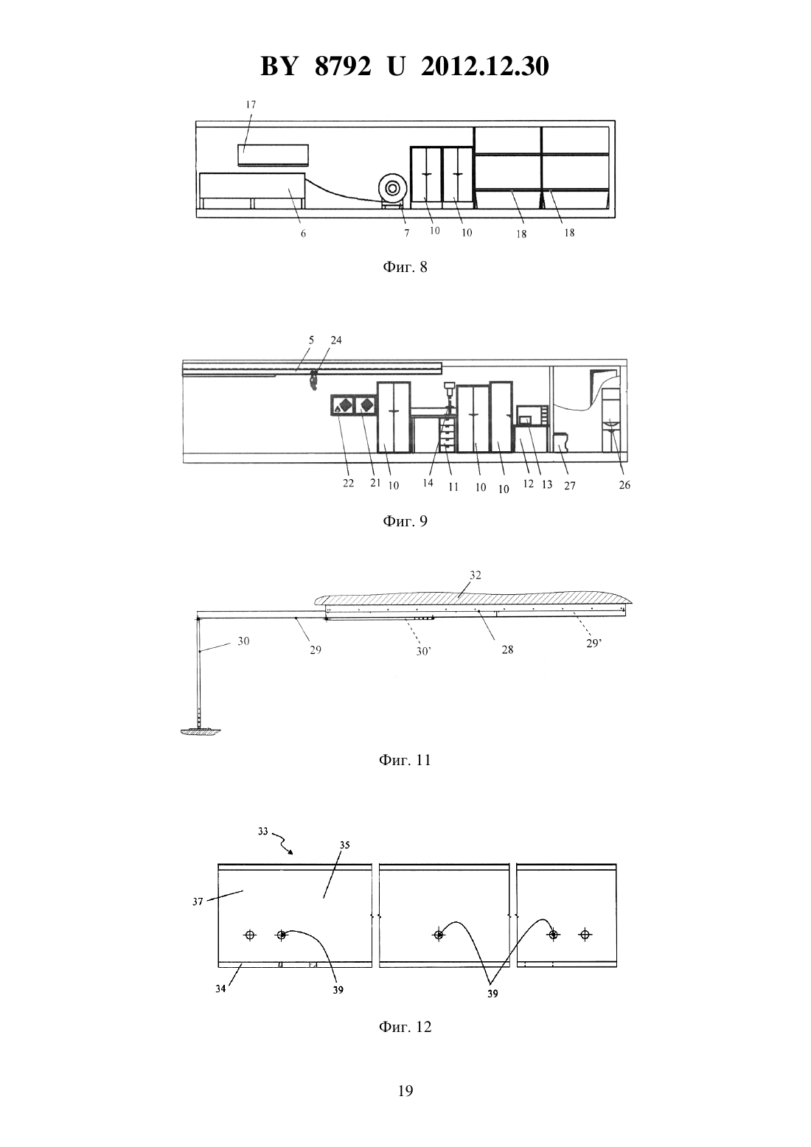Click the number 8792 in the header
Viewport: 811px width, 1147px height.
343,66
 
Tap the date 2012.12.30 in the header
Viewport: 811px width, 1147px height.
485,66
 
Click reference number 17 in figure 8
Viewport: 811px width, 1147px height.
251,105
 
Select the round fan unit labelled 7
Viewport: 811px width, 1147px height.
392,189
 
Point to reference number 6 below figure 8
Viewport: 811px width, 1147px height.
303,234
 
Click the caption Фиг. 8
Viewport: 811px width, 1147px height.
405,268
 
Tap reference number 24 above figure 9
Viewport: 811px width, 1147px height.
336,340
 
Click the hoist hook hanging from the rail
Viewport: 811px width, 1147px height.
312,382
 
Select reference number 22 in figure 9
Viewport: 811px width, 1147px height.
348,484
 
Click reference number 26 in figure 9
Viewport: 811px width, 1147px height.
624,485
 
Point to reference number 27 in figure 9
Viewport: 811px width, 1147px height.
570,486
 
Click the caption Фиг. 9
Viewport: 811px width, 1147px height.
405,521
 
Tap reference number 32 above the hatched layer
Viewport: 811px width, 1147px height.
476,575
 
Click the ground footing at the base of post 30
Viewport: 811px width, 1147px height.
201,731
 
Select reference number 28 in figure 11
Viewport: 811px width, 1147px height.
507,650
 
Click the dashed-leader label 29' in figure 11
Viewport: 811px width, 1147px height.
594,644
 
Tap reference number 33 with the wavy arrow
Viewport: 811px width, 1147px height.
262,832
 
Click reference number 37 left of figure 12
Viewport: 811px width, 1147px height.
198,902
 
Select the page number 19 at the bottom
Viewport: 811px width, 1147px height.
405,1091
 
